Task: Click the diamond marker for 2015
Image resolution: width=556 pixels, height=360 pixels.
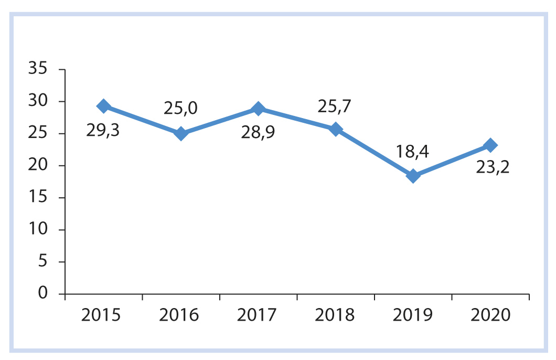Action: [x=103, y=106]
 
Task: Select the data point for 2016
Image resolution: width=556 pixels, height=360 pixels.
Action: [x=181, y=133]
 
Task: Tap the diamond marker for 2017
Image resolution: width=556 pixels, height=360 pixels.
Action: [x=258, y=109]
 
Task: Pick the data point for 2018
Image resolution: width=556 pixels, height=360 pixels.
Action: [x=336, y=129]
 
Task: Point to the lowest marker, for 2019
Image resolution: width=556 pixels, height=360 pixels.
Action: [x=413, y=176]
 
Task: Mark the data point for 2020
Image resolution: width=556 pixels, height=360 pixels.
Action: [x=490, y=145]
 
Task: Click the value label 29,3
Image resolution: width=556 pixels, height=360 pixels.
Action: [x=103, y=131]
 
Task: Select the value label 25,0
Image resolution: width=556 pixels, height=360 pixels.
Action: [x=180, y=109]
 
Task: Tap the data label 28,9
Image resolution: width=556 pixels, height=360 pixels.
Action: [x=258, y=133]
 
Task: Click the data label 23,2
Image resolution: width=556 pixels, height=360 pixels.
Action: [x=493, y=167]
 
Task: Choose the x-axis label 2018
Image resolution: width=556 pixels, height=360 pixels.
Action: [x=335, y=316]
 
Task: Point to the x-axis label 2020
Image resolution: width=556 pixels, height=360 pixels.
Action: [x=490, y=316]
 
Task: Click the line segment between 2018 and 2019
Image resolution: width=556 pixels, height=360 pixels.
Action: [x=375, y=152]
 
